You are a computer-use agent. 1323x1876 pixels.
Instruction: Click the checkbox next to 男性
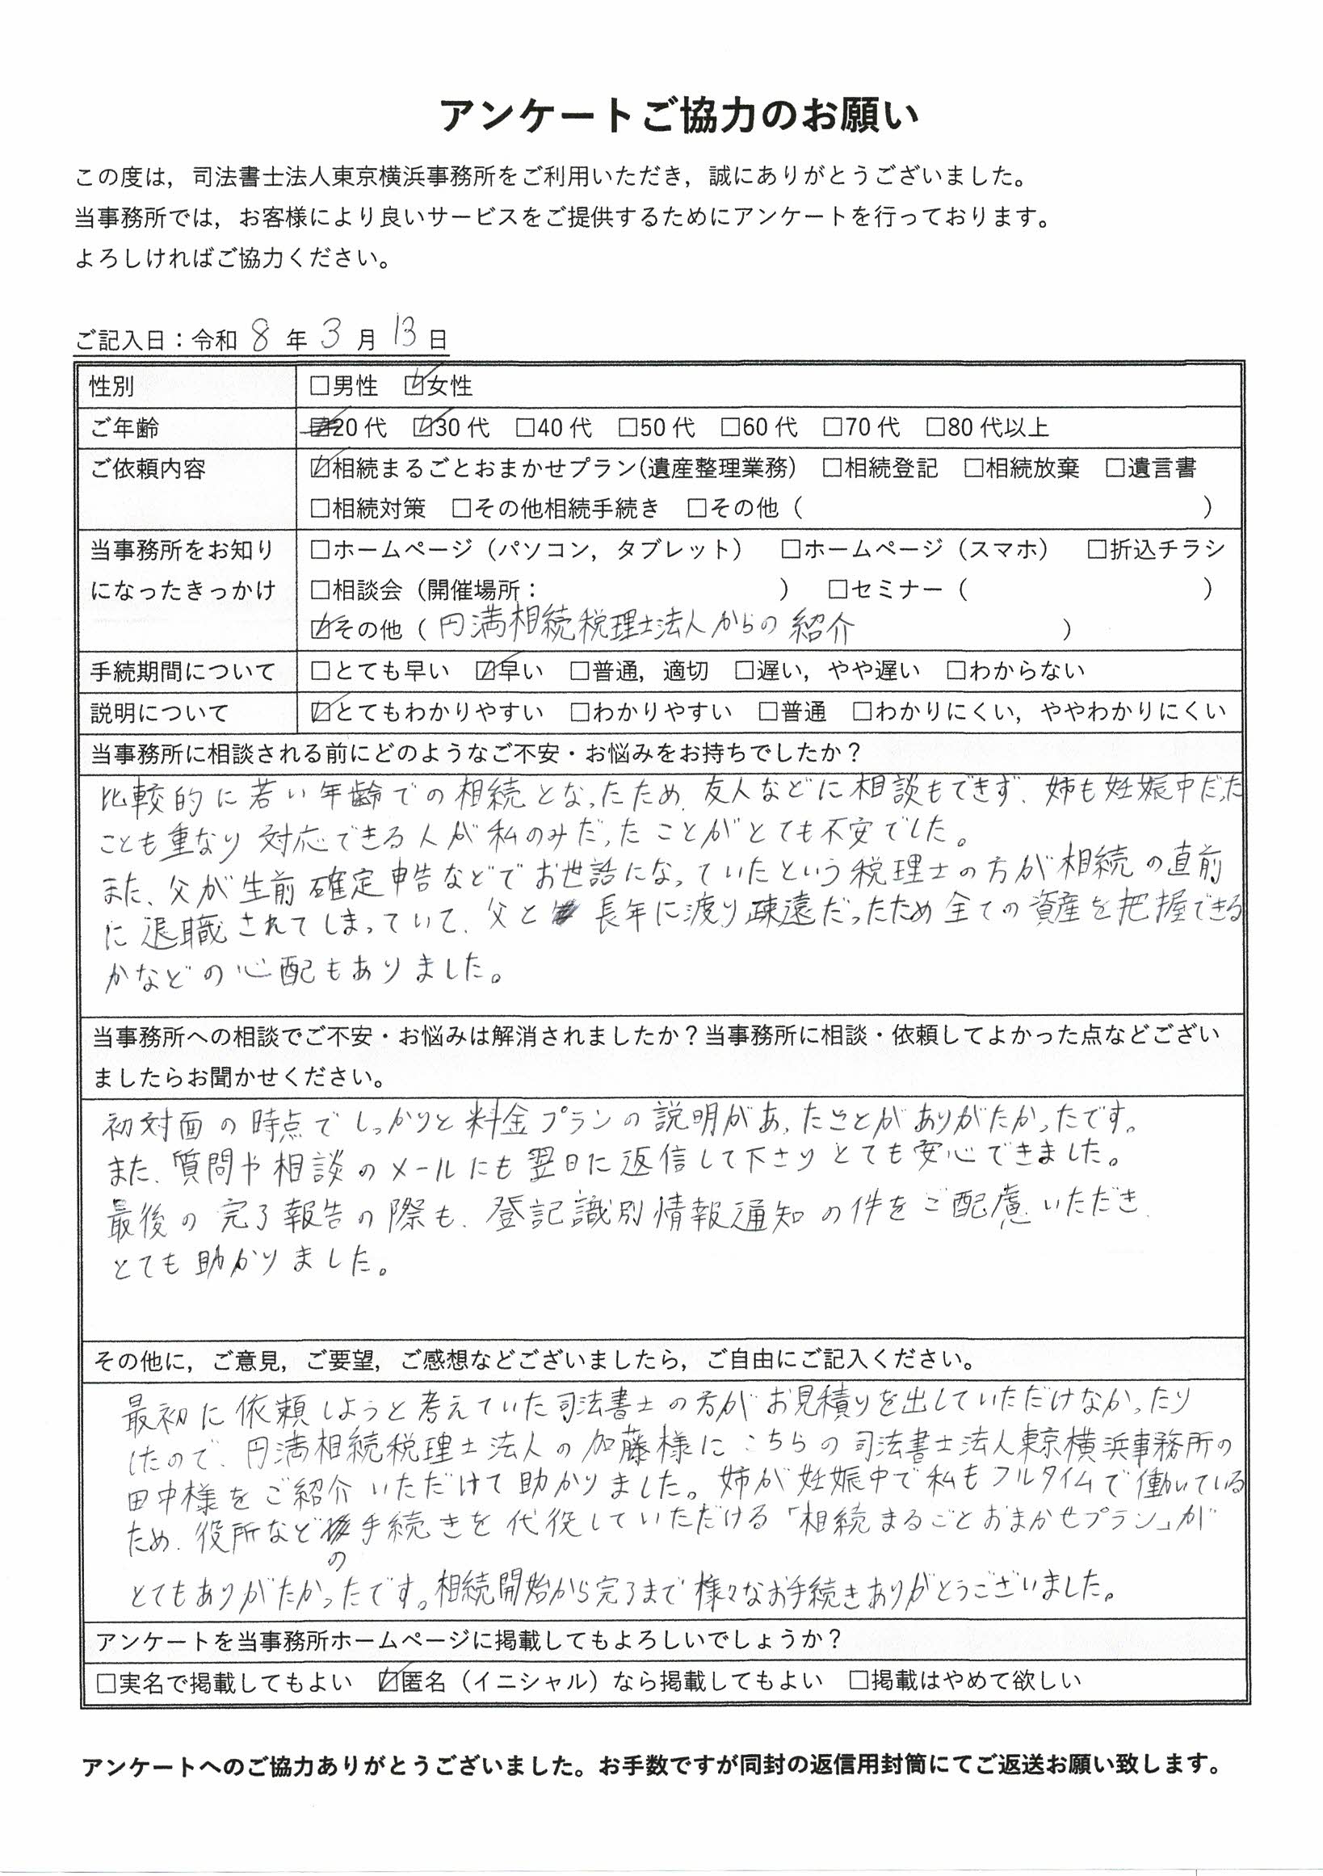point(320,386)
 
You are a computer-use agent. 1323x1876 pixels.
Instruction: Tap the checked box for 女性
point(414,386)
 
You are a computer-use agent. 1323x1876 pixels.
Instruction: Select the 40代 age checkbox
point(525,427)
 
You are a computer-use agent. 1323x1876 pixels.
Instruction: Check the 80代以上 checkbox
point(934,427)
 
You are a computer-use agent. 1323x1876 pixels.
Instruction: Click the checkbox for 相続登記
point(833,468)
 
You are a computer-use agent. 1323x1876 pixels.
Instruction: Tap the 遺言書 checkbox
point(1115,468)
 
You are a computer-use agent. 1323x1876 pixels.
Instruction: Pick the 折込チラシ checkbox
point(1097,549)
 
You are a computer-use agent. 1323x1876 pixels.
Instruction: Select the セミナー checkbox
point(838,589)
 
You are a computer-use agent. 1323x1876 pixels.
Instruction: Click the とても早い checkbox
point(321,672)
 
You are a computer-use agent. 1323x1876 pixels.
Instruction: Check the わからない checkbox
point(956,672)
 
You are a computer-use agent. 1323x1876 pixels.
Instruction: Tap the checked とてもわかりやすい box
point(321,712)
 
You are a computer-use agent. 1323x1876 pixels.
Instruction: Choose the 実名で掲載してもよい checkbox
point(107,1681)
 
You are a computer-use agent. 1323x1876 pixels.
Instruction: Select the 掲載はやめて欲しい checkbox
point(858,1681)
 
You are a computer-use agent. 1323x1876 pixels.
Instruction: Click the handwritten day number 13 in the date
point(406,336)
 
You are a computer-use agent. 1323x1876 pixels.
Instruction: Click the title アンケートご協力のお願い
point(679,116)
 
